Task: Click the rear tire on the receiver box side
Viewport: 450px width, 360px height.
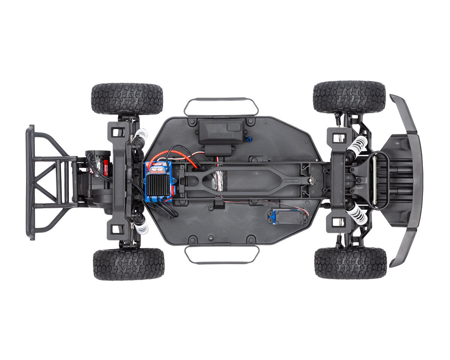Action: pyautogui.click(x=127, y=99)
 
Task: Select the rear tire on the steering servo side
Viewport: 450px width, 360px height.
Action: pyautogui.click(x=129, y=264)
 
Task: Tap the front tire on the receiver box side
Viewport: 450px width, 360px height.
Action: pyautogui.click(x=349, y=97)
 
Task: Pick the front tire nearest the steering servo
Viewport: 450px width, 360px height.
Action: pyautogui.click(x=350, y=263)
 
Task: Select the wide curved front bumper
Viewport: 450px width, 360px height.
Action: pyautogui.click(x=409, y=180)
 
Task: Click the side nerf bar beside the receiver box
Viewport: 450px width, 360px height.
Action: pyautogui.click(x=221, y=106)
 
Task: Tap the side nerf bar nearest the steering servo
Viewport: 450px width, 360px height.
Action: pyautogui.click(x=222, y=255)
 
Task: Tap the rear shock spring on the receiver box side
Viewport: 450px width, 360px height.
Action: pyautogui.click(x=141, y=134)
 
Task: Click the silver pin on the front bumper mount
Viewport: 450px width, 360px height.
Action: pyautogui.click(x=374, y=180)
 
